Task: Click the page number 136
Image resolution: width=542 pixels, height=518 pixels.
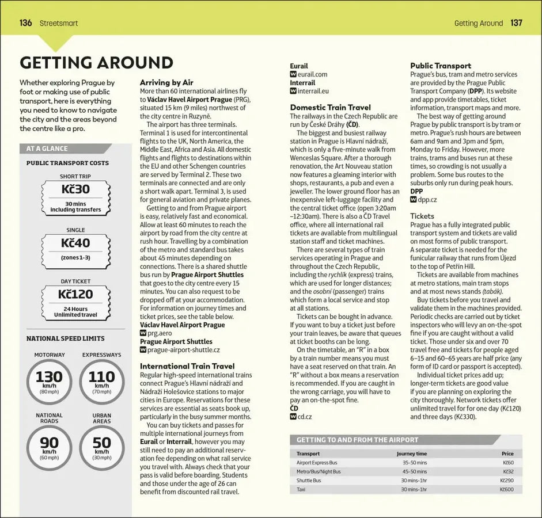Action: (25, 23)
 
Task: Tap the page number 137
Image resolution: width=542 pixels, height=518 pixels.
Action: (516, 23)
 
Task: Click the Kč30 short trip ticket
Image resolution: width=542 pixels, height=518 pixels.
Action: (75, 189)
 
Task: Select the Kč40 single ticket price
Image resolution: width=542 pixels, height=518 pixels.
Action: (75, 243)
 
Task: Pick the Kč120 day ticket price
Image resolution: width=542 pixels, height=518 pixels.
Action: (75, 295)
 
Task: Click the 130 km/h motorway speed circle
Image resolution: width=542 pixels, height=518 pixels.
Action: (50, 381)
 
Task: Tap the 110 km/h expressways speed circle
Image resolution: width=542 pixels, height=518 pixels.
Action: (101, 381)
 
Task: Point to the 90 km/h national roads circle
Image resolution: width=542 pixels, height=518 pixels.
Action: (50, 446)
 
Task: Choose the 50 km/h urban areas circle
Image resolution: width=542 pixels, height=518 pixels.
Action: (101, 446)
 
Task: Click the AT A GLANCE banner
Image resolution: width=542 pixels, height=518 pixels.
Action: (47, 148)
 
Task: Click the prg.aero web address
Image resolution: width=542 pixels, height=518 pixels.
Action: (160, 333)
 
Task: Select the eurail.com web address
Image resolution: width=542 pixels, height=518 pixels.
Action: (312, 74)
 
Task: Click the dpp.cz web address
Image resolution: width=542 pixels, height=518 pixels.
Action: (427, 200)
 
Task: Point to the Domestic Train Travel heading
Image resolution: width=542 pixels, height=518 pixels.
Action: (330, 107)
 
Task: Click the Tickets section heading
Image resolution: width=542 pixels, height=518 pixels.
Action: (422, 216)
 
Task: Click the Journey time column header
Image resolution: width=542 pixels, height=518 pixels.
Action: (412, 454)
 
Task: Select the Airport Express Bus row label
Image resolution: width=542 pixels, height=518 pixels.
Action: (317, 463)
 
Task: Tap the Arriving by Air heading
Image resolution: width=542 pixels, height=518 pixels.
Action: (166, 82)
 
